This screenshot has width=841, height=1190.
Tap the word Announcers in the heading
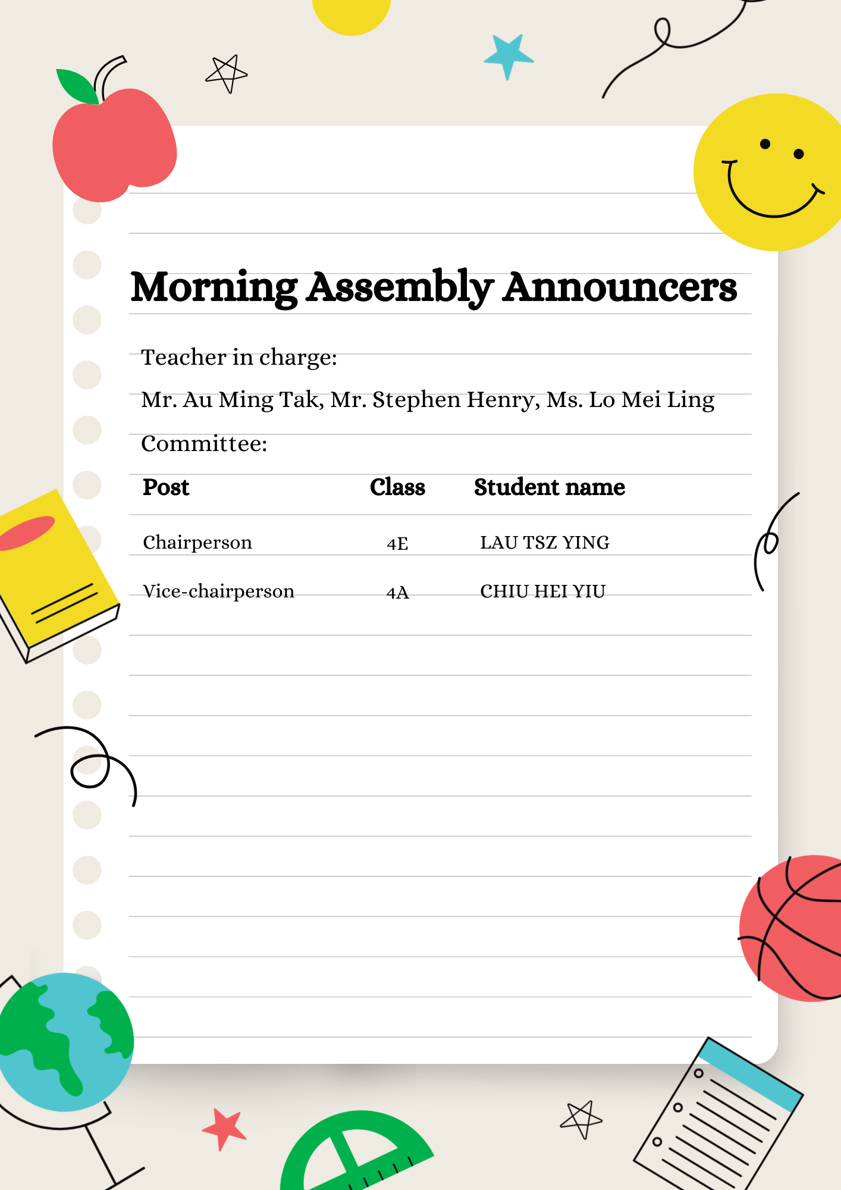[x=619, y=288]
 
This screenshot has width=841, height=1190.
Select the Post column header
[x=166, y=487]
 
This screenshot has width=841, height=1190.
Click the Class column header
[x=397, y=487]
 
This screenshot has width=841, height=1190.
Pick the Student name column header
[x=549, y=487]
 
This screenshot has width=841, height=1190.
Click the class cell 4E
[x=397, y=543]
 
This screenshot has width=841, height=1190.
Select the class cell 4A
[x=397, y=593]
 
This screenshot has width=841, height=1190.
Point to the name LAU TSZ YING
[x=544, y=543]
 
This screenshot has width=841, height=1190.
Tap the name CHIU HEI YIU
[x=542, y=591]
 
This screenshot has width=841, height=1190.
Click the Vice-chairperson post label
[x=218, y=591]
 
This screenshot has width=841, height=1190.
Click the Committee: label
[x=204, y=444]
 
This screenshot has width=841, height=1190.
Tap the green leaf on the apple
[x=77, y=86]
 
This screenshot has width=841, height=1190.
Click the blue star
[x=508, y=55]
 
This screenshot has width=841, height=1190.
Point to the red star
[x=224, y=1128]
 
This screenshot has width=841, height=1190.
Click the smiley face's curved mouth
[x=771, y=202]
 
